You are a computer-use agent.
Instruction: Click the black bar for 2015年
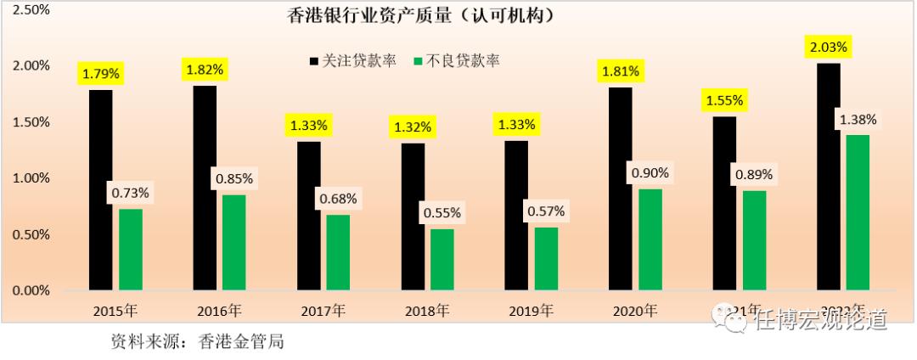100,190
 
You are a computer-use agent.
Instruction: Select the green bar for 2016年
234,243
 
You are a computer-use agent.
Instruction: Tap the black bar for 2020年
620,188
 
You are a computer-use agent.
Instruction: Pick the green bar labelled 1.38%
858,212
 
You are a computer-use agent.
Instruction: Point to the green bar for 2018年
442,260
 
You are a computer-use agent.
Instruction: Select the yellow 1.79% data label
101,74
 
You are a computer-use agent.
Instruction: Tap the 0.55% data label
442,211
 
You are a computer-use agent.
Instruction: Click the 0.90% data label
650,172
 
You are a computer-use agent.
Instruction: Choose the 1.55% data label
723,100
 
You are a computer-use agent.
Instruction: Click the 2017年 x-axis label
323,311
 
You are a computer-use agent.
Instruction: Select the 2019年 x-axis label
532,311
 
